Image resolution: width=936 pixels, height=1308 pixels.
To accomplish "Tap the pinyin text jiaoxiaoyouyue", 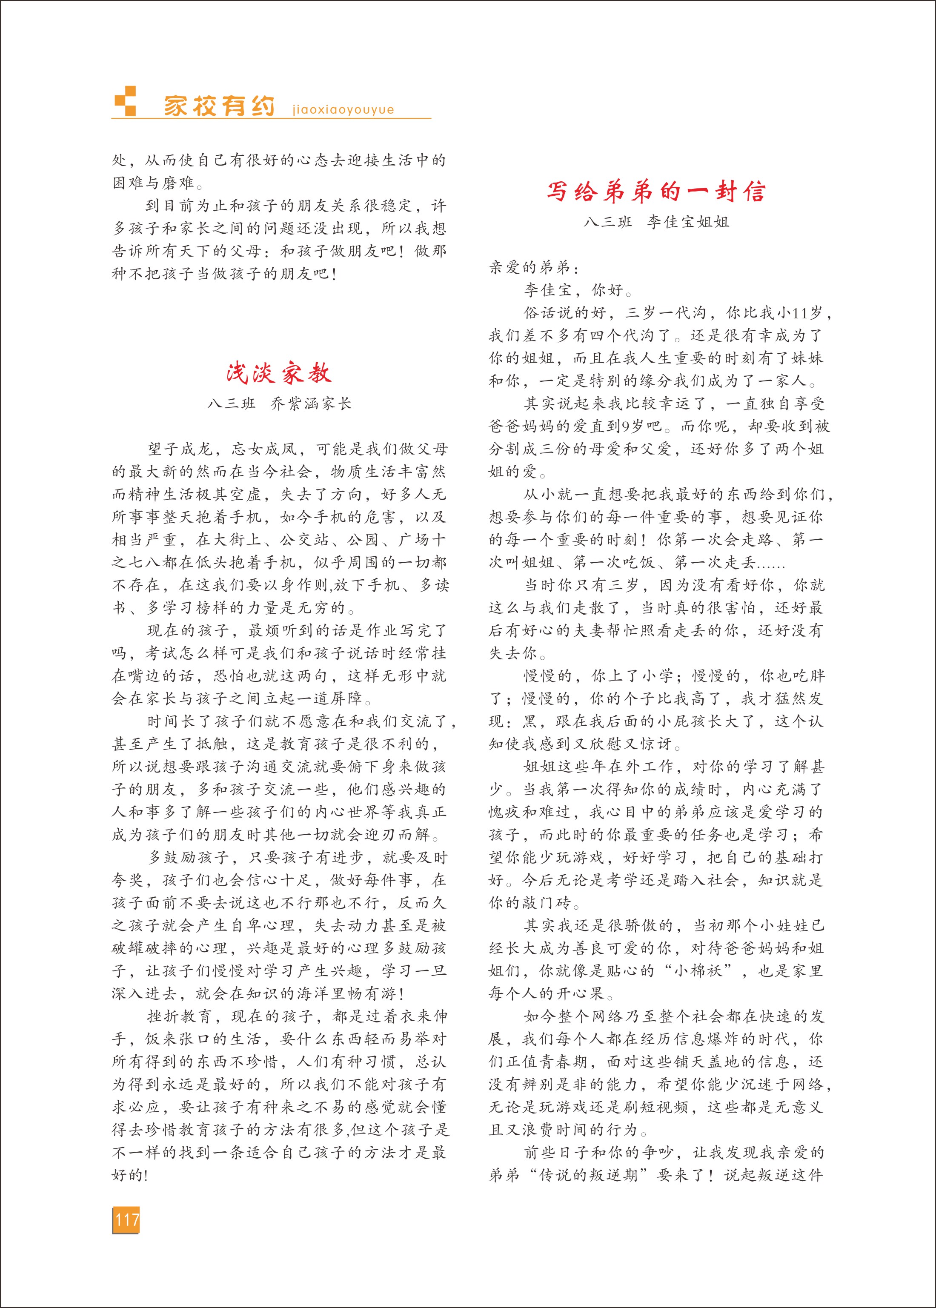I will coord(343,109).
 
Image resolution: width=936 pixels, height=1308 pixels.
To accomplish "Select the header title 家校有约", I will coord(219,106).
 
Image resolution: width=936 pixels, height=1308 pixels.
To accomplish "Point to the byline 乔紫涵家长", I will coord(311,404).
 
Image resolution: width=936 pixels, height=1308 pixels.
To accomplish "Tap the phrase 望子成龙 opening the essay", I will coord(181,449).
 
